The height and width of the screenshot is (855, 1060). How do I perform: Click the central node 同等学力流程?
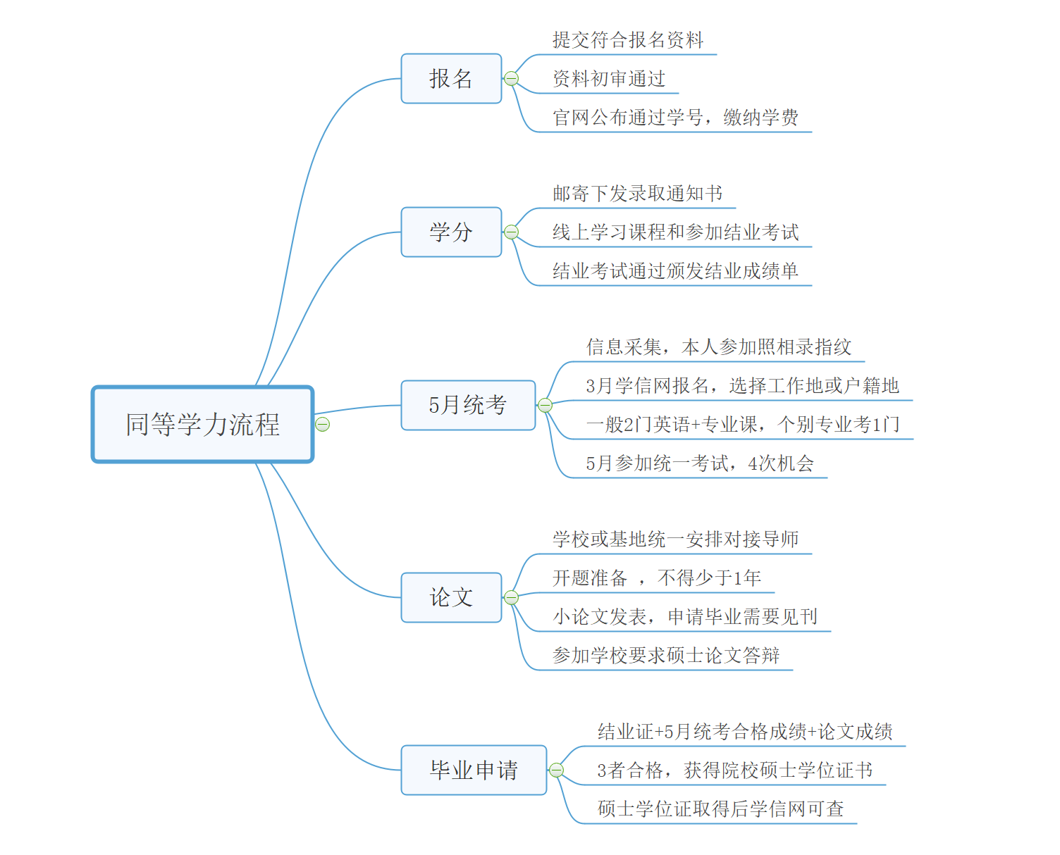tap(202, 424)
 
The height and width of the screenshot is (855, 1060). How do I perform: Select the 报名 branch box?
tap(451, 78)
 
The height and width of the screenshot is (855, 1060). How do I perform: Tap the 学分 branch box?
tap(451, 232)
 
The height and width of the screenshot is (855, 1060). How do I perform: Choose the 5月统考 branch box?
tap(468, 405)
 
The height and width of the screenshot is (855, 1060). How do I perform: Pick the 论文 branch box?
tap(451, 597)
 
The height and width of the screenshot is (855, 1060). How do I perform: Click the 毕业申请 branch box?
tap(474, 770)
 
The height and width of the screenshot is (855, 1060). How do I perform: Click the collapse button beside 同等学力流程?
tap(323, 424)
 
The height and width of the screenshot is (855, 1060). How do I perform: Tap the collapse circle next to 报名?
tap(512, 78)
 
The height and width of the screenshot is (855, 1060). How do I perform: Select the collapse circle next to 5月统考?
tap(545, 405)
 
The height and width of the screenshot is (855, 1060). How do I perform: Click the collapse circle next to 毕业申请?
tap(556, 770)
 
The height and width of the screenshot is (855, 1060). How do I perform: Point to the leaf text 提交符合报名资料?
tap(627, 40)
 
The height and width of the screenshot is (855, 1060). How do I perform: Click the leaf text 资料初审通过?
tap(609, 79)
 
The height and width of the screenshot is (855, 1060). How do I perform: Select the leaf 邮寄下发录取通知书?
tap(637, 194)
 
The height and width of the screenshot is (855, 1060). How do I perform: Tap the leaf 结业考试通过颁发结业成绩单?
tap(675, 271)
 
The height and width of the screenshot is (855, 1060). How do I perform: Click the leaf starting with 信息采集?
tap(719, 347)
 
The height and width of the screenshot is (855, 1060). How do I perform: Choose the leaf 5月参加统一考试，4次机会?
tap(700, 463)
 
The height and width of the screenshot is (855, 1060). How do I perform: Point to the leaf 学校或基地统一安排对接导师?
tap(675, 539)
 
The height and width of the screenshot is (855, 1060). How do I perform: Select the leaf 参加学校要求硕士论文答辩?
tap(666, 656)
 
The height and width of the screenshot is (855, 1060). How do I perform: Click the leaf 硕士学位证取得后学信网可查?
tap(720, 809)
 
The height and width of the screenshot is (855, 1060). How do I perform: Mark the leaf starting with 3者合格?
tap(734, 770)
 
